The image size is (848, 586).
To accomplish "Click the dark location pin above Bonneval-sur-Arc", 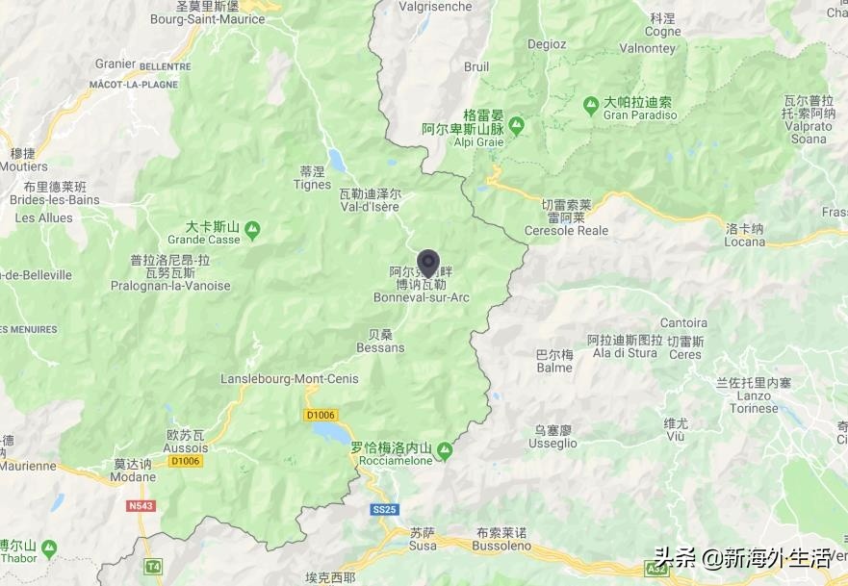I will (x=428, y=262).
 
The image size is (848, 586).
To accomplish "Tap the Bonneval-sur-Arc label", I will (x=422, y=297).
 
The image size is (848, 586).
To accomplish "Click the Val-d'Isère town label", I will (x=369, y=206).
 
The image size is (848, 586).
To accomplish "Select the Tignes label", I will (x=312, y=185).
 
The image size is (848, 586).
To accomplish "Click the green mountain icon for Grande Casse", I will (x=252, y=229).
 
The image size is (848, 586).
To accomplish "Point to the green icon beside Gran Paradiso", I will (x=591, y=103).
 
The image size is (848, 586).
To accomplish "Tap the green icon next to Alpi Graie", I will (x=517, y=125).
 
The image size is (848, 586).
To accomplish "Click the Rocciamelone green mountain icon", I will (x=444, y=449).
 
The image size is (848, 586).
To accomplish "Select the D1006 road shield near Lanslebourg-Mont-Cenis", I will (x=320, y=415).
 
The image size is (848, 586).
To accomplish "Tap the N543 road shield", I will (x=139, y=504).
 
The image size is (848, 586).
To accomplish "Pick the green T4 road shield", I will (x=152, y=566).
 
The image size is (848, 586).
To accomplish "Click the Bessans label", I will (x=380, y=347).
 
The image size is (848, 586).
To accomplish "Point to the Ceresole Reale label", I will (x=566, y=231).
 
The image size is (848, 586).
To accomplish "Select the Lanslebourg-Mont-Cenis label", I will (x=290, y=379).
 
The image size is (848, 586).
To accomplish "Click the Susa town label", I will (x=423, y=546).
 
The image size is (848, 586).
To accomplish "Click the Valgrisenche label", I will (x=436, y=7).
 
